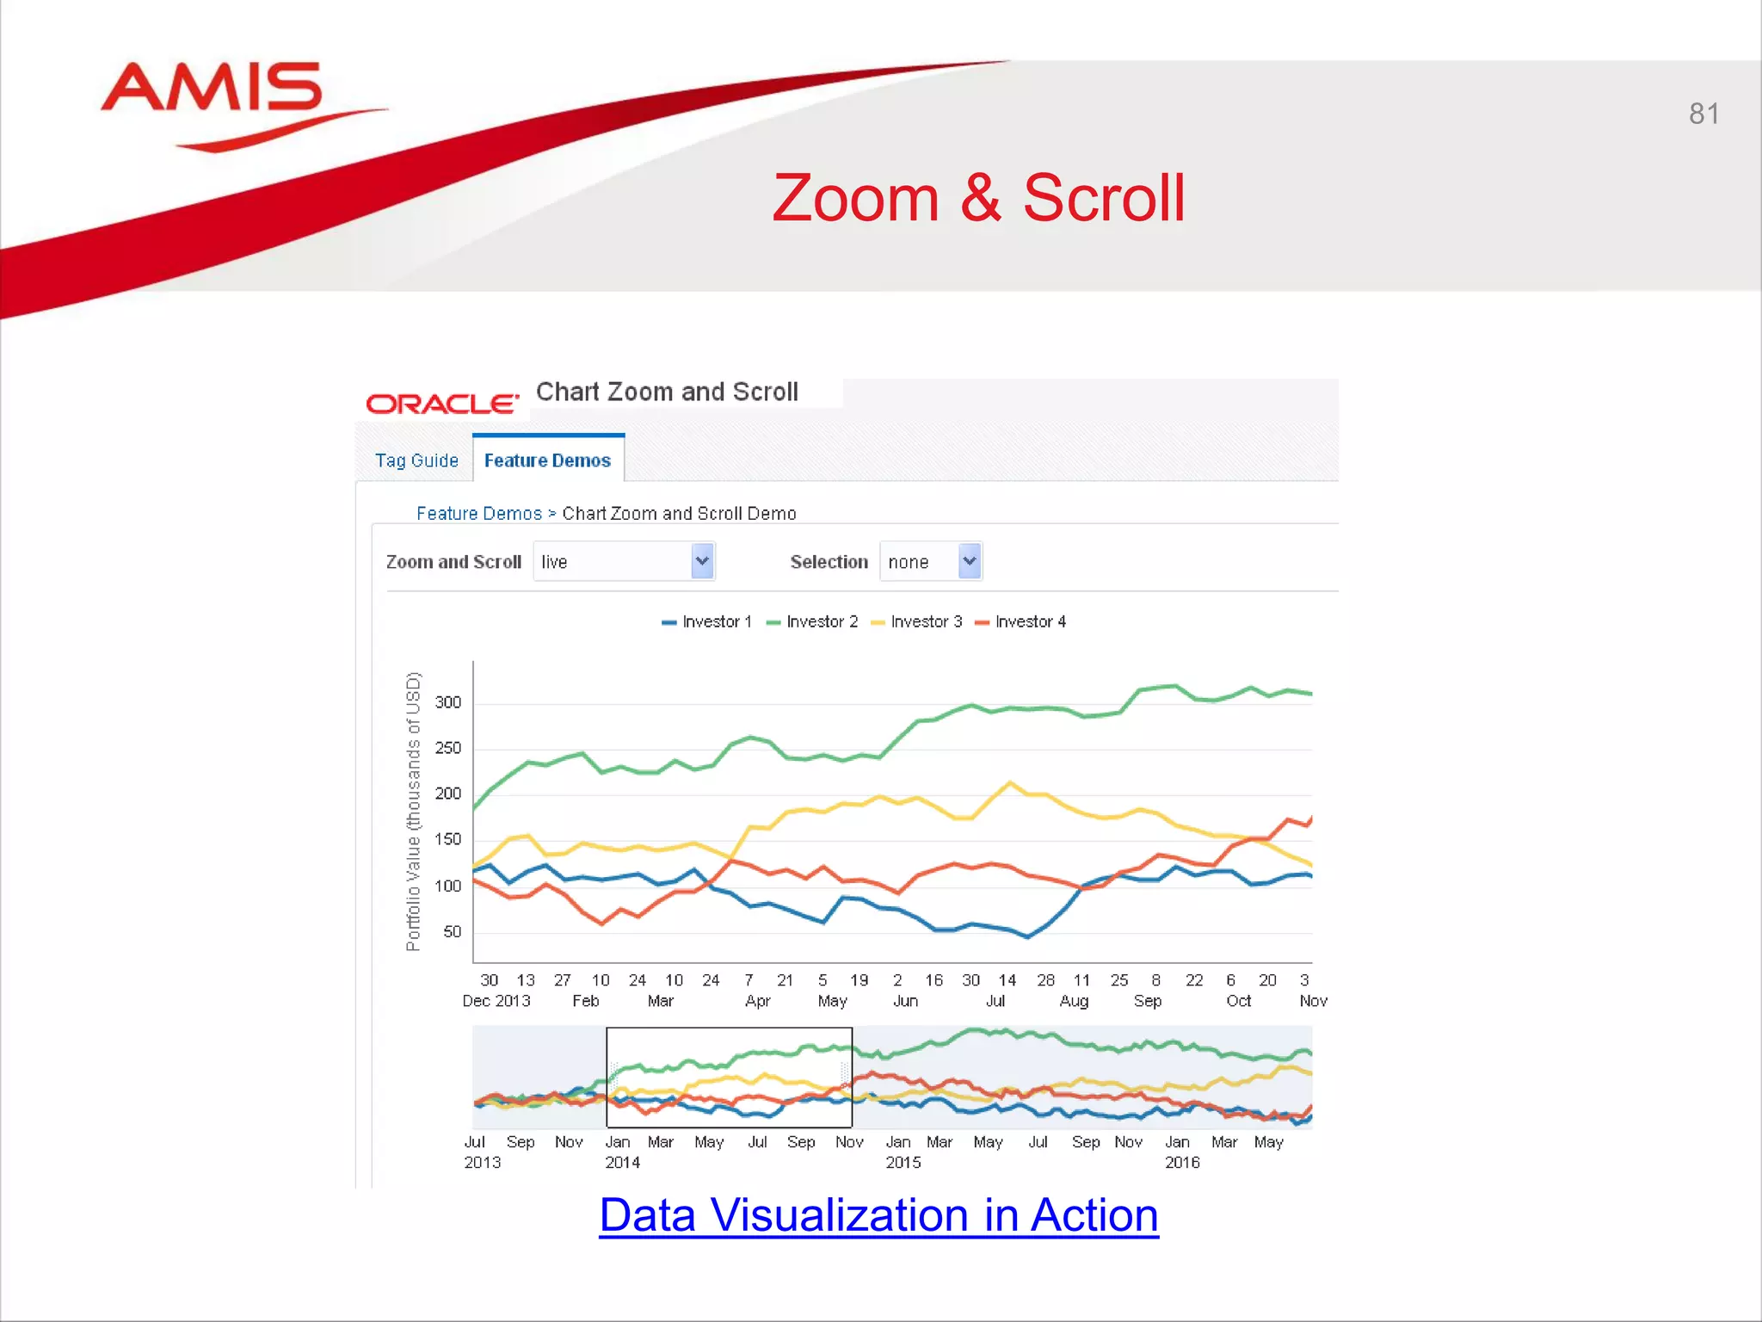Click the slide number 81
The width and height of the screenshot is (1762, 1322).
(x=1703, y=114)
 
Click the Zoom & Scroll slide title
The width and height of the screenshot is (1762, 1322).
(x=978, y=198)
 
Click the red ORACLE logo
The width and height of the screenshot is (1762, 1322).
(x=442, y=403)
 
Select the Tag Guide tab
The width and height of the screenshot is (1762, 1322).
(x=416, y=460)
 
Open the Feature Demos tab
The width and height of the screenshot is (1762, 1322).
(x=547, y=460)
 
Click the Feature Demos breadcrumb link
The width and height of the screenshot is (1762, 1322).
(x=478, y=514)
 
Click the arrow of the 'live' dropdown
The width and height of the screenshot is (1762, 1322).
(x=702, y=561)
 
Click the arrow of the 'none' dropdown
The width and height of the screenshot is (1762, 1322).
(x=970, y=561)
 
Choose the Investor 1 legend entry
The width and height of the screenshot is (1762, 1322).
(x=707, y=621)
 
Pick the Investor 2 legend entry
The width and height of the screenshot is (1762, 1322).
(x=812, y=621)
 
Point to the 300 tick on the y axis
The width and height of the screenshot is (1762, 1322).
(x=447, y=702)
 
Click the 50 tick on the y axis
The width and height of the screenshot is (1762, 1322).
(x=452, y=931)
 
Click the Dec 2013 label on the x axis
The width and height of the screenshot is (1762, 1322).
(x=496, y=1001)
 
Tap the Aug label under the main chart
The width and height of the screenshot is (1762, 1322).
(x=1074, y=1001)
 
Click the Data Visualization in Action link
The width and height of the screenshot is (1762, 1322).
(x=878, y=1214)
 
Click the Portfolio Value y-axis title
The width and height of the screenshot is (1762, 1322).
(x=413, y=811)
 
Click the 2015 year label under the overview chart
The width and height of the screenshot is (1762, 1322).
(x=903, y=1163)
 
